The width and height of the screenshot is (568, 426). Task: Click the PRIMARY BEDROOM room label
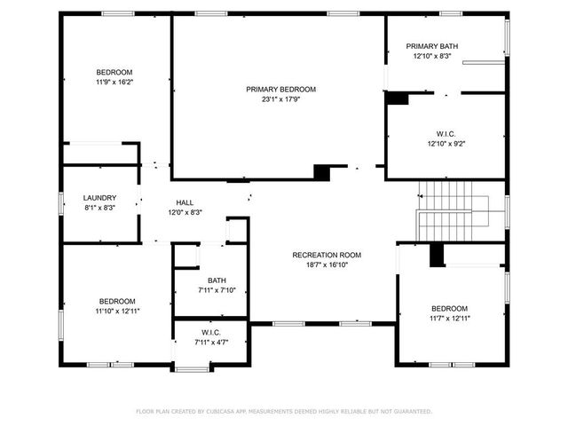(x=280, y=90)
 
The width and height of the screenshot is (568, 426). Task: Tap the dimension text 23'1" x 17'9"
(x=280, y=99)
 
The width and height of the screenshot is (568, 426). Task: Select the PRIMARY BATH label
(x=432, y=46)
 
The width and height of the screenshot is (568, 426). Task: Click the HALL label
(x=185, y=202)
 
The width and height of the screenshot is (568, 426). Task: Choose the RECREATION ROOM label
(x=327, y=255)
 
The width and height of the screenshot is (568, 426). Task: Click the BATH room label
(x=217, y=280)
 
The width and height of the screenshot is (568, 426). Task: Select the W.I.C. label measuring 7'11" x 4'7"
(x=217, y=332)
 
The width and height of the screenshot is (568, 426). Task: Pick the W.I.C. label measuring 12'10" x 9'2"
(x=446, y=134)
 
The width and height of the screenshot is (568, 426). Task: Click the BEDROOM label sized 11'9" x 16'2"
(x=114, y=72)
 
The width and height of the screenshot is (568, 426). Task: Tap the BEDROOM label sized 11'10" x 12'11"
(x=117, y=301)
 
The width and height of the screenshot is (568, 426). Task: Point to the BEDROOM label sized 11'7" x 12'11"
(x=449, y=308)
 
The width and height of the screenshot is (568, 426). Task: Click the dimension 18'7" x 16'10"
(x=327, y=264)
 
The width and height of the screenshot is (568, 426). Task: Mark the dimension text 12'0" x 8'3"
(x=185, y=212)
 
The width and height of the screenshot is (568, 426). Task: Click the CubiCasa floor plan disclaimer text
(x=283, y=411)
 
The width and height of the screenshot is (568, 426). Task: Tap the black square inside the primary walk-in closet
(x=397, y=99)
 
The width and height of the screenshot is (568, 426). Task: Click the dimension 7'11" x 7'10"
(x=217, y=290)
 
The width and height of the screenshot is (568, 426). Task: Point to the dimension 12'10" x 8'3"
(x=432, y=56)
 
